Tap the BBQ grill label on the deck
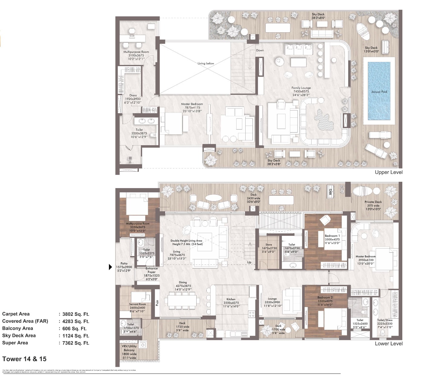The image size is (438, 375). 331,191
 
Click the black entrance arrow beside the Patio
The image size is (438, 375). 110,267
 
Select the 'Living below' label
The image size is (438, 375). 206,63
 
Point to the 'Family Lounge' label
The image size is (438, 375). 301,88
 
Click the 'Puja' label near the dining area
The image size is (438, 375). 157,303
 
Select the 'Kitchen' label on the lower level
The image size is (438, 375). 231,299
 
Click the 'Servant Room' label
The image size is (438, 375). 138,304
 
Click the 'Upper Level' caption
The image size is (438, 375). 389,172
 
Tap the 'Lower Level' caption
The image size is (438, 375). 389,344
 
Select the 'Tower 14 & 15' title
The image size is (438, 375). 25,359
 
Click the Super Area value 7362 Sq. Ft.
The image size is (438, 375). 76,343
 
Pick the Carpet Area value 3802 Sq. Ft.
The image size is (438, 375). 76,314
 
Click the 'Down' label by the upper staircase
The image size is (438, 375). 260,50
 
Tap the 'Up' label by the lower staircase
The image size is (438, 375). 249,262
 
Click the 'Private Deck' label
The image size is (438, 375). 373,202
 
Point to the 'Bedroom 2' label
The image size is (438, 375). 325,297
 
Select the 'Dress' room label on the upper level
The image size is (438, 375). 133,95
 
